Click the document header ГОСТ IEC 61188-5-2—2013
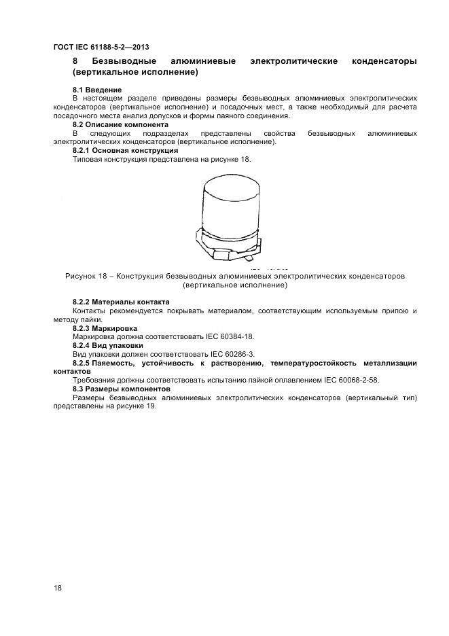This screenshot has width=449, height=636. pos(101,47)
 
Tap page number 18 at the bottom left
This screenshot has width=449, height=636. pos(58,588)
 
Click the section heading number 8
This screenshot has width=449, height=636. pos(75,62)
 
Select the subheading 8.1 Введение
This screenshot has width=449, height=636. pos(97,90)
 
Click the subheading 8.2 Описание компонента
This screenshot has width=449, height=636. pos(120,125)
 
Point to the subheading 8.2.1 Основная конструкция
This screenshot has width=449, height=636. pos(125,150)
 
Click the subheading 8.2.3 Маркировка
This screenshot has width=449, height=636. pos(106,328)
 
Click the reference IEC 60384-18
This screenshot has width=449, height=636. pos(232,336)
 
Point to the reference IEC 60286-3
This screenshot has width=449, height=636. pos(232,354)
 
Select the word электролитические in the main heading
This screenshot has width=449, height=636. pos(293,62)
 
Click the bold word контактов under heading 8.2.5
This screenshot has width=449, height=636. pos(71,372)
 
